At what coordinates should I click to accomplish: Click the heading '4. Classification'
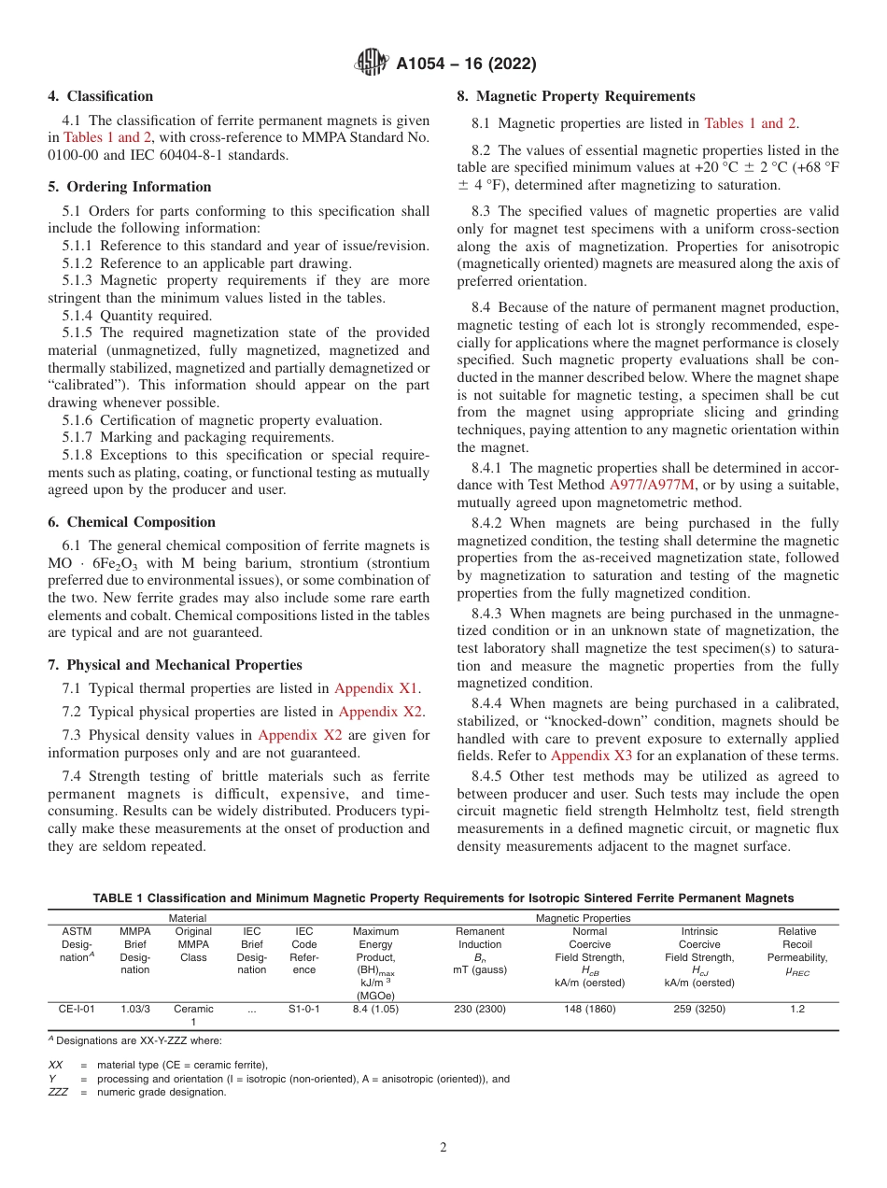click(100, 96)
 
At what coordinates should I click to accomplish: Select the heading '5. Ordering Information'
click(129, 187)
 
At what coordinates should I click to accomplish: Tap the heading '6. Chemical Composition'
click(131, 522)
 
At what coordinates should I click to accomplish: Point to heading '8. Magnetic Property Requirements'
click(575, 96)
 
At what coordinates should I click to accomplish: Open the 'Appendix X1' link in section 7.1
click(376, 688)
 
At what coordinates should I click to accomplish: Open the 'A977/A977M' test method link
click(651, 484)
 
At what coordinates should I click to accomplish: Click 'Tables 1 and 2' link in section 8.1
click(750, 123)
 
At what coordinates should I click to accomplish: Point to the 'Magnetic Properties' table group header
click(583, 918)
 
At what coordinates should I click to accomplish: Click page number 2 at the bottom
click(443, 1148)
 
